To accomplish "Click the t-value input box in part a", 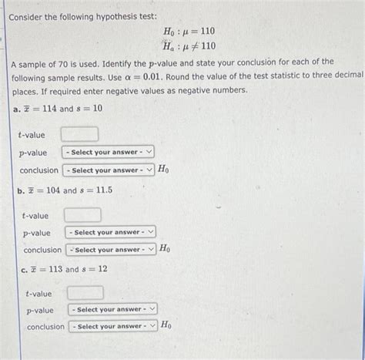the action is (85, 134).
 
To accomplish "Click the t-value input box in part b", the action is (82, 214).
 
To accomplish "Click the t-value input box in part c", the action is (85, 293).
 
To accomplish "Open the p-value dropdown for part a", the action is (109, 153).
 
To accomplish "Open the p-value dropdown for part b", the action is (111, 232).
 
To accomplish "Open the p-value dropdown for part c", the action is (113, 310).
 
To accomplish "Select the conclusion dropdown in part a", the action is (109, 170).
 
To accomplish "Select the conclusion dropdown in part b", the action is (111, 250).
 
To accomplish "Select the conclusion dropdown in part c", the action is (113, 327).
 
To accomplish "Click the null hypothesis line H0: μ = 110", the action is (189, 31).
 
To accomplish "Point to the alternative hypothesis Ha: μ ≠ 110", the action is (189, 45).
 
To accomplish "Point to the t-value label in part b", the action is (35, 215).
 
